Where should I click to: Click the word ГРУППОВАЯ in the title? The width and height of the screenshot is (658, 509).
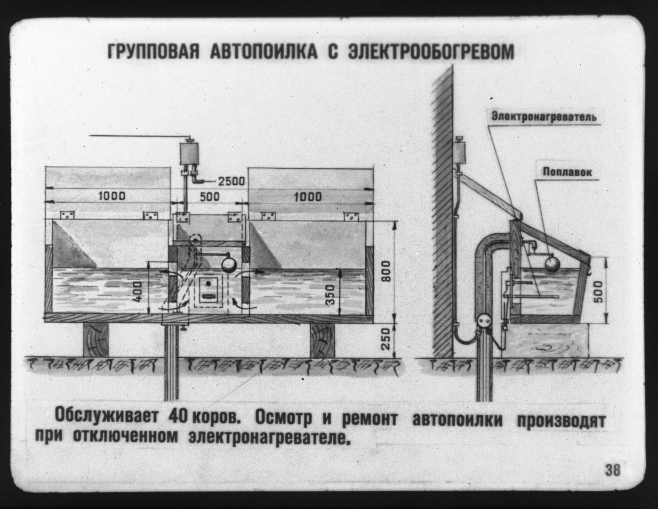coord(154,52)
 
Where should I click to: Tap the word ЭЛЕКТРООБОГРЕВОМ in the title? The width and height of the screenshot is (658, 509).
coord(431,52)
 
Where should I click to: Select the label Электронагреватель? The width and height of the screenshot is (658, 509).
coord(544,117)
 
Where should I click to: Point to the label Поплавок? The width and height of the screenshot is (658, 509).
coord(567,172)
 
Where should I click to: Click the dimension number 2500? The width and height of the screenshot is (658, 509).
coord(232,181)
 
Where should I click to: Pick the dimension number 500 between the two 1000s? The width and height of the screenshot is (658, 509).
coord(209,197)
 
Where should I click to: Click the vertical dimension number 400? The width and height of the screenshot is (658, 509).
coord(137,292)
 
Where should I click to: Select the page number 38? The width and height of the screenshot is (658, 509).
coord(612,470)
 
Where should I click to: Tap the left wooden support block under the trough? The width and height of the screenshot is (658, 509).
coord(96,340)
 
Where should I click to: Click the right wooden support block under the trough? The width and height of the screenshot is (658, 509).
coord(322,340)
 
